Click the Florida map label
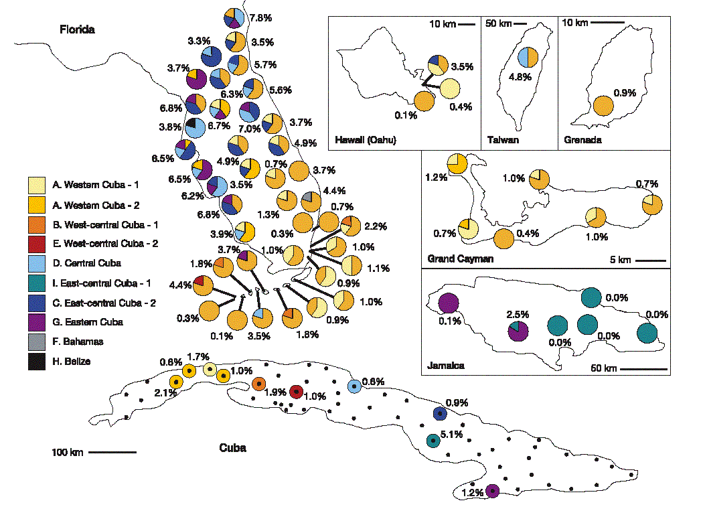coord(77,29)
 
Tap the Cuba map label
coord(232,447)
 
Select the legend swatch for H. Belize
coord(36,361)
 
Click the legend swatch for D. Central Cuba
coord(36,263)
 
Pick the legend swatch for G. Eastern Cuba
coord(36,321)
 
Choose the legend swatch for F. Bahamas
coord(36,342)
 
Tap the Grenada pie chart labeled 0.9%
coord(603,105)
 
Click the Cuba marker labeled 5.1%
coord(433,441)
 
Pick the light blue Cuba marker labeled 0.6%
coord(354,386)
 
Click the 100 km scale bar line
coord(112,453)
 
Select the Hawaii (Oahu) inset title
coord(364,140)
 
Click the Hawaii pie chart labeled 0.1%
coord(424,102)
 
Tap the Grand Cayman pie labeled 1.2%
coord(457,163)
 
